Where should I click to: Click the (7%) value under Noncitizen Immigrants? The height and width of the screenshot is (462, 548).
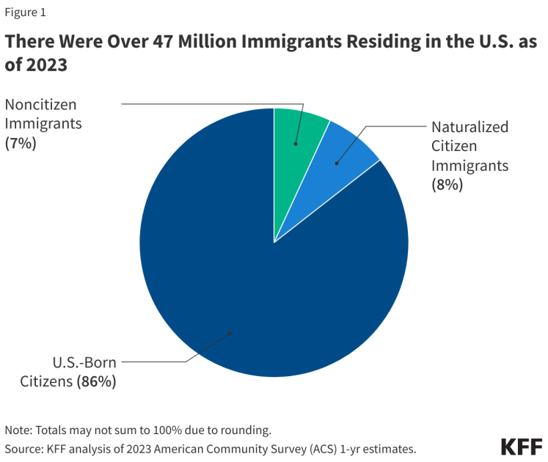(x=21, y=144)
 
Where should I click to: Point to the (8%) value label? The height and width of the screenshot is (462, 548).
(x=447, y=185)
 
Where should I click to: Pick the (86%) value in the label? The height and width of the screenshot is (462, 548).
(x=96, y=382)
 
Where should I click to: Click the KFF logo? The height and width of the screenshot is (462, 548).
(x=522, y=447)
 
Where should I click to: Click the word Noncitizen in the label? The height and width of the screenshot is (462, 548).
(x=40, y=104)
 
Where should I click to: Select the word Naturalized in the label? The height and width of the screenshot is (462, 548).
(x=470, y=127)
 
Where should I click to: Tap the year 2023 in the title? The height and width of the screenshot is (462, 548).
(x=45, y=66)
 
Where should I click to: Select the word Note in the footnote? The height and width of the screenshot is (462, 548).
(x=18, y=430)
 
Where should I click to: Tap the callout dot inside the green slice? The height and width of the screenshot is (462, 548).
(x=296, y=144)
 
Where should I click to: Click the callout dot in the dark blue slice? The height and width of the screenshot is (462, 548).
(x=230, y=334)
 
